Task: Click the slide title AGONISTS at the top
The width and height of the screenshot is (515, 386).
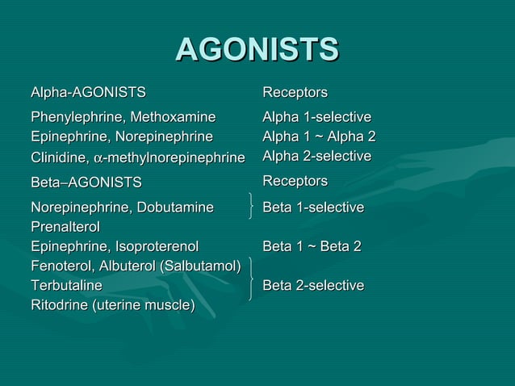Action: pos(257,50)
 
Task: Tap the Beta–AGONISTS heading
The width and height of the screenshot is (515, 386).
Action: pos(86,182)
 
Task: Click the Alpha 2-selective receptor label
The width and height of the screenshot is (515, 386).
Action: pos(316,155)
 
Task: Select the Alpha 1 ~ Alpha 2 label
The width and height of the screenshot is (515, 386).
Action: pos(319,136)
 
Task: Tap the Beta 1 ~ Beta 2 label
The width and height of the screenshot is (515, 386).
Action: pos(312,246)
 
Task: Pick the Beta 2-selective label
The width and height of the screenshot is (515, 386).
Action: pos(313,285)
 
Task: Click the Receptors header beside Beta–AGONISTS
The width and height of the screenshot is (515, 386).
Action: pos(295,179)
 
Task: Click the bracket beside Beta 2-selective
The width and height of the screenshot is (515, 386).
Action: pos(253,279)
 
